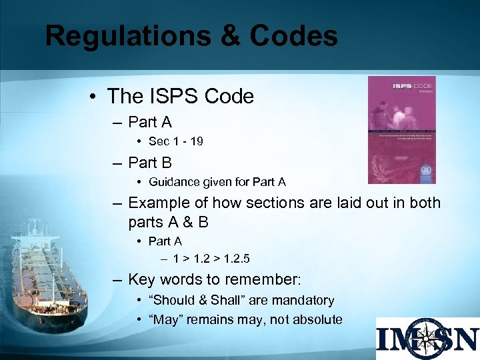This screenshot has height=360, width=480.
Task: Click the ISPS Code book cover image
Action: click(x=401, y=129)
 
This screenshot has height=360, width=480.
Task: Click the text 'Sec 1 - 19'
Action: click(x=176, y=141)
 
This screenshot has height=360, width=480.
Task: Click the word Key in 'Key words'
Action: click(x=141, y=279)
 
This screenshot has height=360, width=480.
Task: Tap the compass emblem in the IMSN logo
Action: click(x=427, y=338)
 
